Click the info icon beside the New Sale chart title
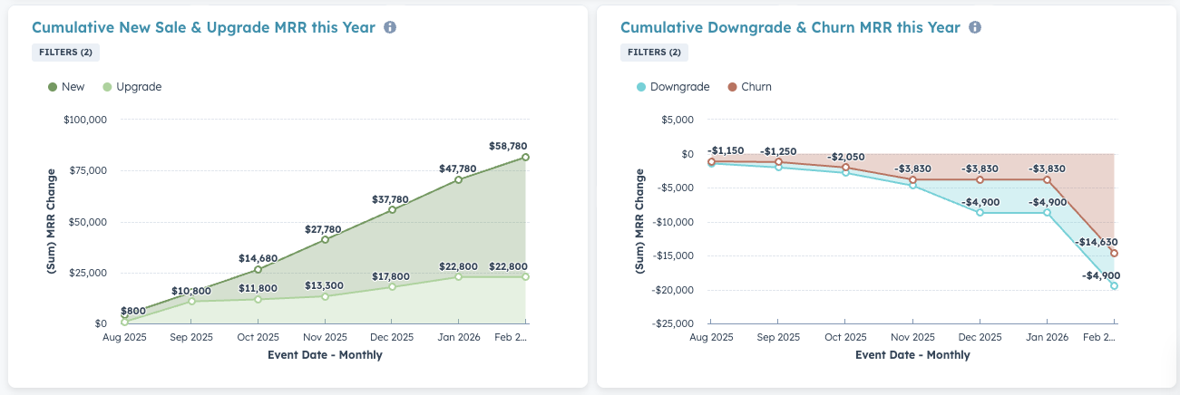[x=390, y=28]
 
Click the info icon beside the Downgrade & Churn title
[x=975, y=28]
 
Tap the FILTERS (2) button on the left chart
[x=65, y=53]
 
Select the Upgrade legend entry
[x=132, y=87]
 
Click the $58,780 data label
[x=508, y=146]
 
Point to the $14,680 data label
[x=258, y=258]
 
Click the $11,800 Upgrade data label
[x=258, y=288]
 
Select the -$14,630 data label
[x=1095, y=243]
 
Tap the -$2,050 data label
[x=845, y=156]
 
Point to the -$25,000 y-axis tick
[x=673, y=323]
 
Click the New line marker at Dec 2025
[x=392, y=209]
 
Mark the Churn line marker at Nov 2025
[x=912, y=179]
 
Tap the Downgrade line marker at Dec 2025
[x=980, y=212]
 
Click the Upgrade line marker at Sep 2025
[x=191, y=301]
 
